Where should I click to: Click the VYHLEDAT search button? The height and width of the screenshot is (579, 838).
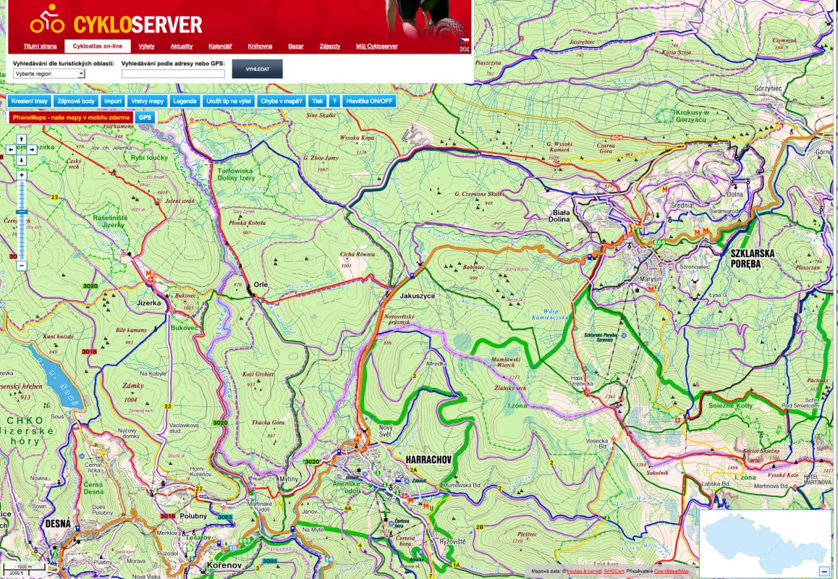coord(257,69)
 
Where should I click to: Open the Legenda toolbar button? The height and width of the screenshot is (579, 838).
coord(185,101)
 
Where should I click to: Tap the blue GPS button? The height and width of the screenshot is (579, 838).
coord(145,118)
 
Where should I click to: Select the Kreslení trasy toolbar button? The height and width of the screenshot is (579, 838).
coord(29,101)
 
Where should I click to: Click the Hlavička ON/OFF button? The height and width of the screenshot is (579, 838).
coord(369,101)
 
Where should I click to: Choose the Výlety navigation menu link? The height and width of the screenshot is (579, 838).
coord(147,46)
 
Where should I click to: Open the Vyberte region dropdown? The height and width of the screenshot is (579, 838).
coord(49,74)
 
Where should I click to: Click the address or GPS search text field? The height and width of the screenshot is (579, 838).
coord(173,74)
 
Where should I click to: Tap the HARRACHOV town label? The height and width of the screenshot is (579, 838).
coord(429,459)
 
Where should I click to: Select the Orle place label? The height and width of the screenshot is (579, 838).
coord(261,285)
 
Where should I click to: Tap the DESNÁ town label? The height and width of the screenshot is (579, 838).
coord(58,523)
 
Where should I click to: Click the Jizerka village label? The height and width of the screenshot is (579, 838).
coord(149,303)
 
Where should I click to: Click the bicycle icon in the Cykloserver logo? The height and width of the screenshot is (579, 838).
coord(47,20)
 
